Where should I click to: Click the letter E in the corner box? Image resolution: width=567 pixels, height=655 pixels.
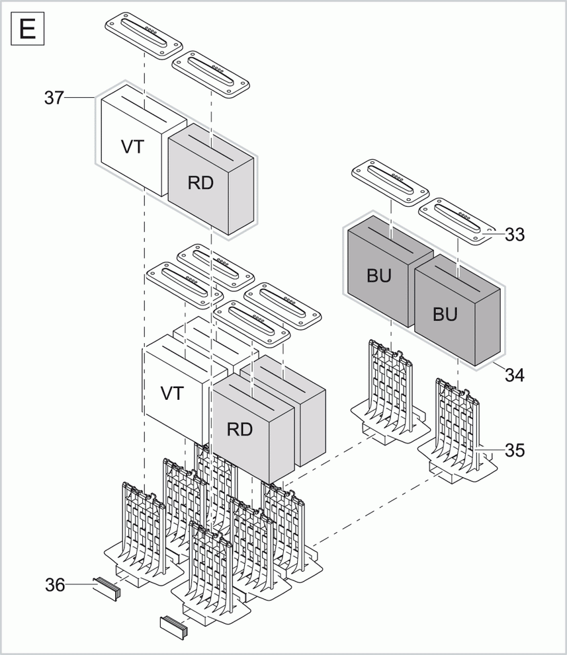(27, 30)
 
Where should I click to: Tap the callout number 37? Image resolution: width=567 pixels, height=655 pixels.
(54, 98)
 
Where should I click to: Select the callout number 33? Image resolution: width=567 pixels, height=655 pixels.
(515, 234)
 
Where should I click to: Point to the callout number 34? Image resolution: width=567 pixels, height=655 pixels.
(515, 375)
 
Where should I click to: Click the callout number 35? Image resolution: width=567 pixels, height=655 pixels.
(515, 450)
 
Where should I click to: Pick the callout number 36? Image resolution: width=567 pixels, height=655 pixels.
(55, 584)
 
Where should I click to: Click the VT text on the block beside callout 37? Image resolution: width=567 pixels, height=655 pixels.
(132, 147)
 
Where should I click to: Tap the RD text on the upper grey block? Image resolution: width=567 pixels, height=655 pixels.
(200, 183)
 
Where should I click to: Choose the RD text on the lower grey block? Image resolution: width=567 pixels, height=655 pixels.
(240, 429)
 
